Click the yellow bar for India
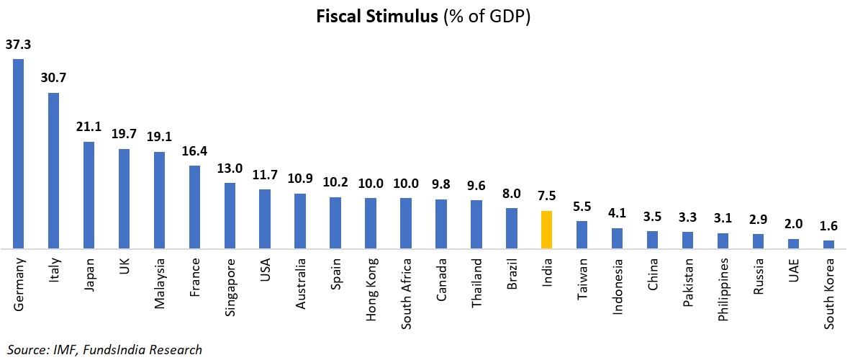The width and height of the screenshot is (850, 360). (x=546, y=230)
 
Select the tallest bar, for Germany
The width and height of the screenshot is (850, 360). (x=18, y=153)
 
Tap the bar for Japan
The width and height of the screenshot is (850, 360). (x=89, y=194)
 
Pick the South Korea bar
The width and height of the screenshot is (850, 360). (x=828, y=244)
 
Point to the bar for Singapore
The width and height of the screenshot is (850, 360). (x=230, y=215)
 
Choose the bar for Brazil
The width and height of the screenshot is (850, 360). (x=512, y=228)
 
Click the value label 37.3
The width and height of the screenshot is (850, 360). (x=18, y=45)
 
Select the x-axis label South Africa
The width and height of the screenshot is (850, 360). (x=407, y=289)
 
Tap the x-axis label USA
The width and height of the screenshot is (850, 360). (x=265, y=269)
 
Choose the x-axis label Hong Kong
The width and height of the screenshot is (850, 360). (x=371, y=286)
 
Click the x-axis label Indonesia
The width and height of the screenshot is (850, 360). (x=617, y=286)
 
